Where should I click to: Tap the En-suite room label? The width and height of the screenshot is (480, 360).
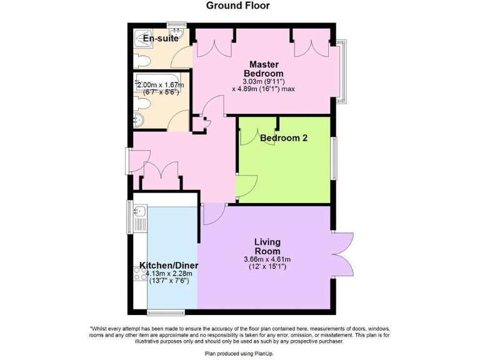pyautogui.click(x=161, y=39)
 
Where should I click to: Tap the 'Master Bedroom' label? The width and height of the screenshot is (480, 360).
pyautogui.click(x=263, y=69)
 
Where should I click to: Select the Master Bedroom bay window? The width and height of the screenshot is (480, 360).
pyautogui.click(x=342, y=72)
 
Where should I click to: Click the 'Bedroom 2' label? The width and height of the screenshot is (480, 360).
pyautogui.click(x=283, y=138)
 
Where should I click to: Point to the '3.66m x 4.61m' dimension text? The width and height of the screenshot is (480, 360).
pyautogui.click(x=267, y=259)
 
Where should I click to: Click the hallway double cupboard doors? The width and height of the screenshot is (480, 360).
pyautogui.click(x=161, y=172)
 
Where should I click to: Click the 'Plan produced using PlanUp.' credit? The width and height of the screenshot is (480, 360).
pyautogui.click(x=239, y=353)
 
